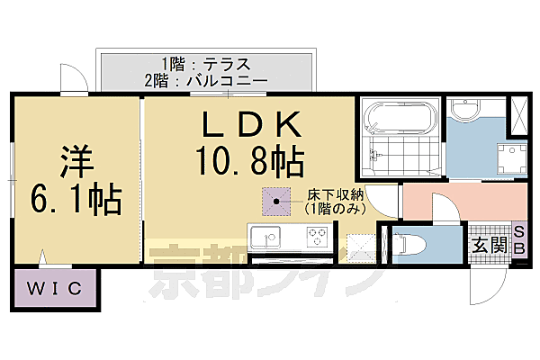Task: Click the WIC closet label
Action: (x=53, y=289)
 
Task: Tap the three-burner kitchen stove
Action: (x=317, y=238)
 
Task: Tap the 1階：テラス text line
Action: (x=205, y=64)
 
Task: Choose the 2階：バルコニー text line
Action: (x=205, y=80)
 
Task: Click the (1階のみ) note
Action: (x=333, y=209)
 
